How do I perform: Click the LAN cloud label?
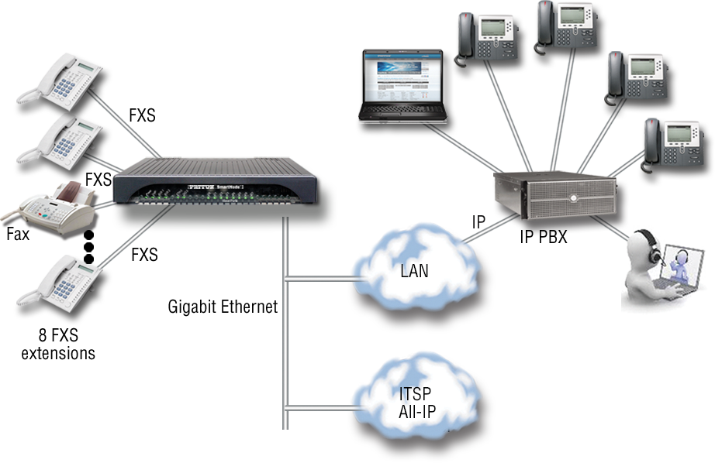tap(415, 271)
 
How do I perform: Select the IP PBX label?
tap(544, 238)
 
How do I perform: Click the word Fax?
tap(18, 234)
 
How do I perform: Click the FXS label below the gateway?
tap(144, 254)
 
